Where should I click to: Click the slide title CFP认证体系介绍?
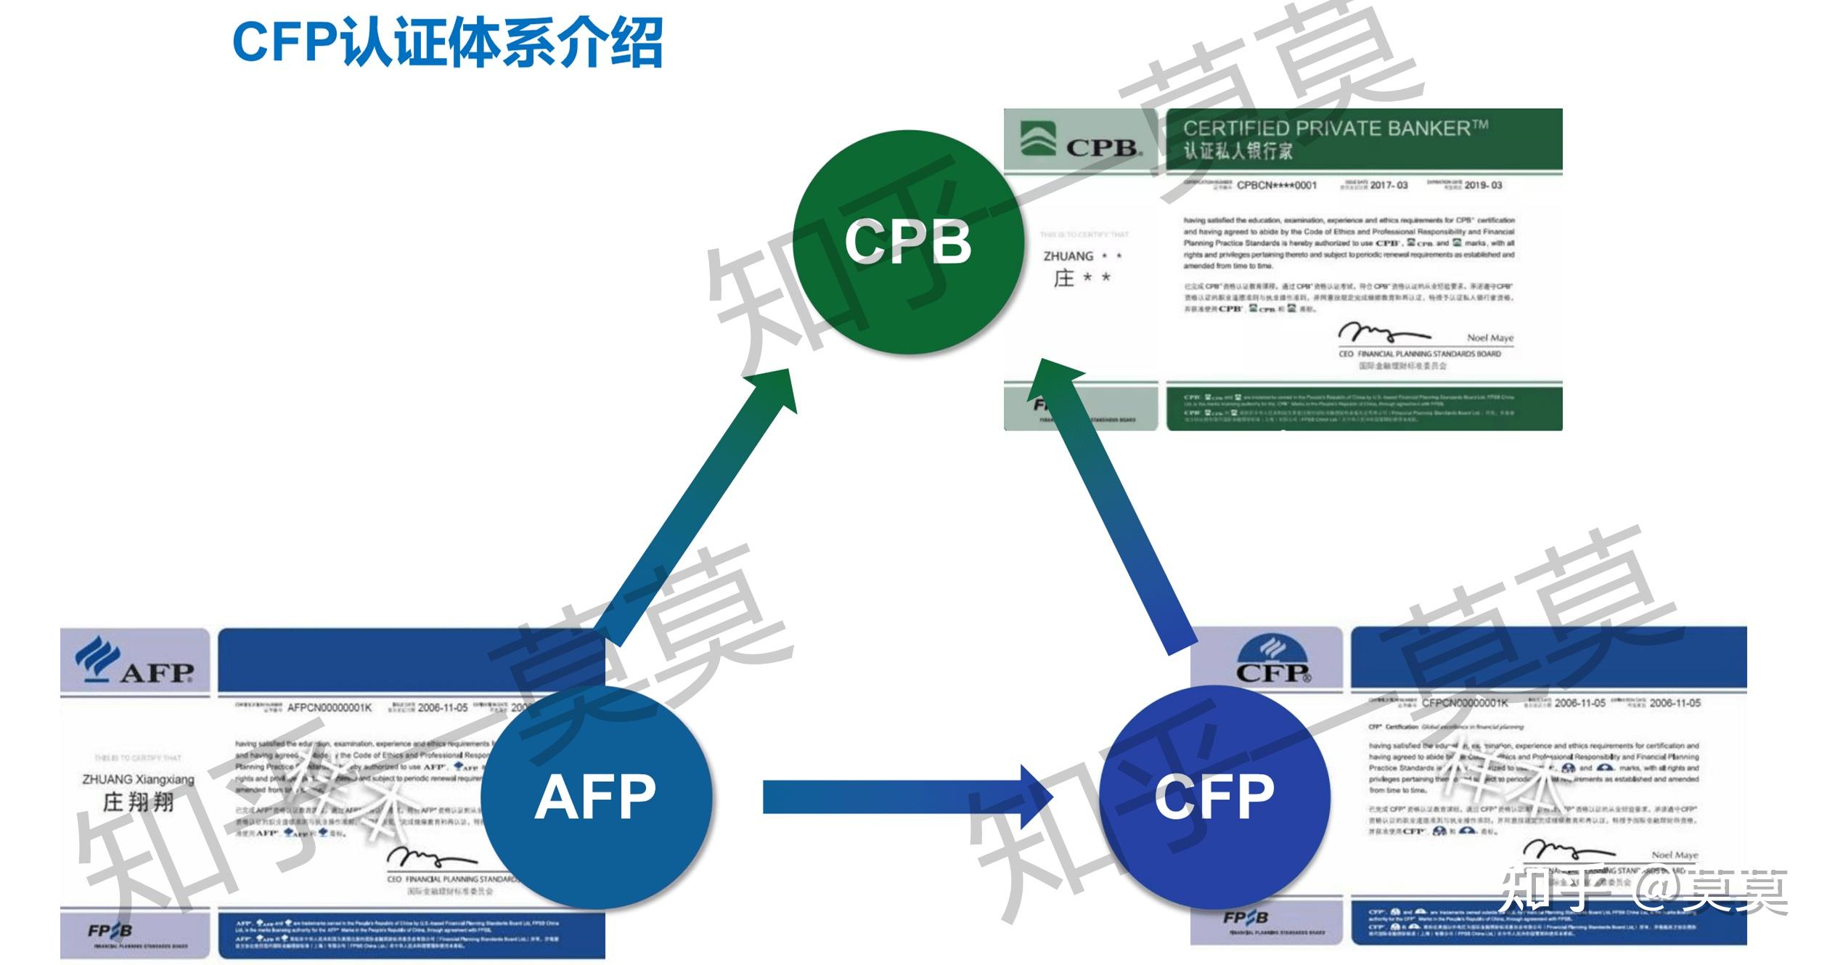point(447,43)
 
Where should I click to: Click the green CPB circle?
point(907,242)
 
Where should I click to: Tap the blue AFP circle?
point(595,797)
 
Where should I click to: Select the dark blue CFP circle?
point(1214,797)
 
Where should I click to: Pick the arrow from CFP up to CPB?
point(1118,508)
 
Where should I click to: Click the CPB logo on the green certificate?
point(1082,142)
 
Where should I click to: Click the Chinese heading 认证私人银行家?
point(1238,151)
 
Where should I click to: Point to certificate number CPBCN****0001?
point(1276,185)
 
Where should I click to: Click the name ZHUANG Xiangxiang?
point(138,779)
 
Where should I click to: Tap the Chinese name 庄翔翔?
point(138,802)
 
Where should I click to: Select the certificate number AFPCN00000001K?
point(329,707)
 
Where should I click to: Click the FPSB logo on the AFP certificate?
point(110,931)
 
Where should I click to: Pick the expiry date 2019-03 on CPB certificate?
point(1483,185)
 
